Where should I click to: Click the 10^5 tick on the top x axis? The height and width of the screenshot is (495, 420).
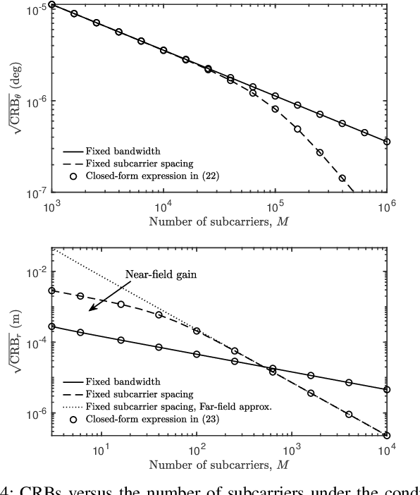tap(275, 200)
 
